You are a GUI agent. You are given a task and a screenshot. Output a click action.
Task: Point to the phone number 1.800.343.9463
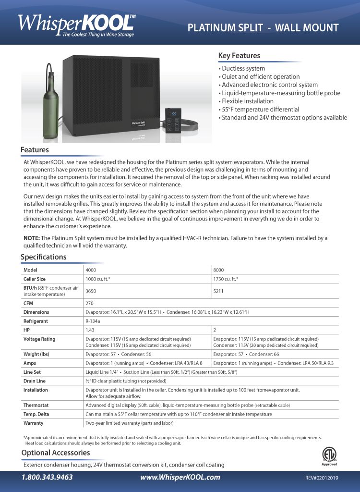point(47,477)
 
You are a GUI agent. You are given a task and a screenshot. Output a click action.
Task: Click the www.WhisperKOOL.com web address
point(180,477)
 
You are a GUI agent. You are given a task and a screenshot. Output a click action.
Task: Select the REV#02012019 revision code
point(322,478)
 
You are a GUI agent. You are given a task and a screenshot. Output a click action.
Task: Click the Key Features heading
point(239,56)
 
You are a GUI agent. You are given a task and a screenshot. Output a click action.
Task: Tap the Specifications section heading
point(43,257)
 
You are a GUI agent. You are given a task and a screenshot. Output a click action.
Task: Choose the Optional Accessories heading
point(55,453)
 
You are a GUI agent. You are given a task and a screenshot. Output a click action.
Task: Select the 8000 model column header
point(218,270)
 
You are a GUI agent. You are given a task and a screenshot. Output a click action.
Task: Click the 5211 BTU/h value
point(218,291)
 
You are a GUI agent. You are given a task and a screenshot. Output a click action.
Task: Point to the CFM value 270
point(89,303)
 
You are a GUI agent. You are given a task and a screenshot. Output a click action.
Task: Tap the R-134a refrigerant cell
point(93,321)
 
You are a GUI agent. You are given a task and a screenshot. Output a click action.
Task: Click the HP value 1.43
point(90,330)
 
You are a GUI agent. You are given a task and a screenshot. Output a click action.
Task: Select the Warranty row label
point(33,423)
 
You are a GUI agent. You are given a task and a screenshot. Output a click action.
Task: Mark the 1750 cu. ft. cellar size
point(226,279)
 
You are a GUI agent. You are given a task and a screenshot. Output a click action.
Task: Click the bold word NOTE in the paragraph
point(32,238)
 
